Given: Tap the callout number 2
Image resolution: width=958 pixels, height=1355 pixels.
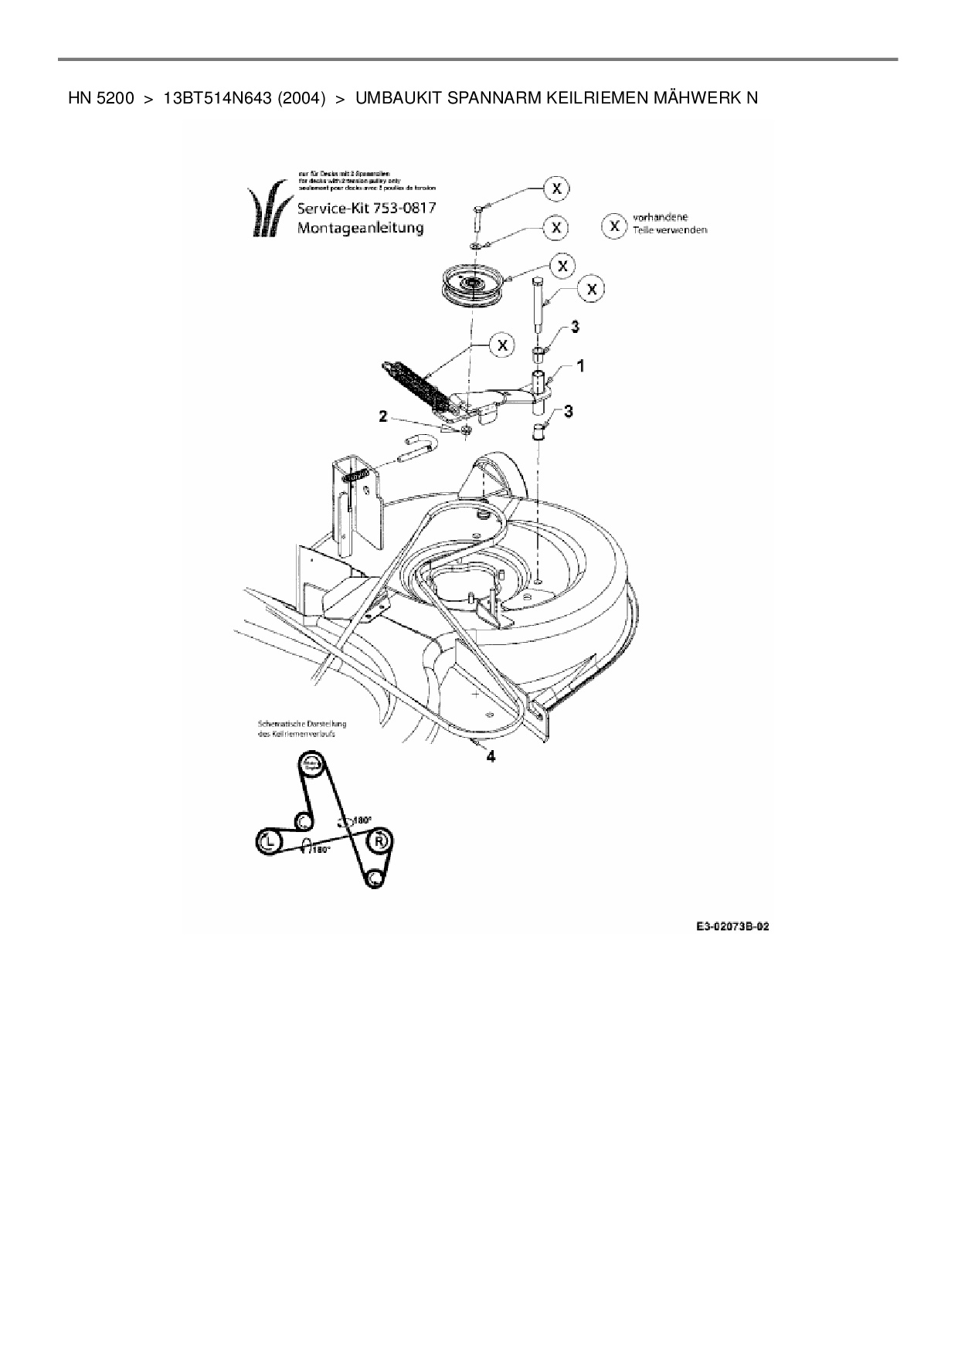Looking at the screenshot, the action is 382,417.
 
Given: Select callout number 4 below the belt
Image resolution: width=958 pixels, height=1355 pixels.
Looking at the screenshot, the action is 490,756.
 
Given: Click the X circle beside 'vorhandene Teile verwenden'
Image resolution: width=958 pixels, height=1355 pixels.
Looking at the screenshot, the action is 614,226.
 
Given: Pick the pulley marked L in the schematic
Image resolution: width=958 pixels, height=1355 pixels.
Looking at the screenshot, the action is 267,841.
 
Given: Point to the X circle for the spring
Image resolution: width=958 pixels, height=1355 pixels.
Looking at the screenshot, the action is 503,345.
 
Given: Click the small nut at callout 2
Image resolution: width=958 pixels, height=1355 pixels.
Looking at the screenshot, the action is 467,430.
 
